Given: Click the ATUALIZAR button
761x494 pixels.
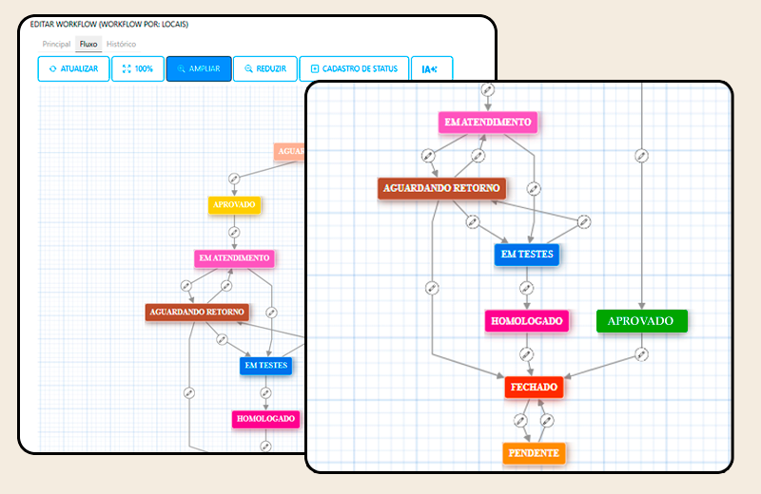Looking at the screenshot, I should [73, 69].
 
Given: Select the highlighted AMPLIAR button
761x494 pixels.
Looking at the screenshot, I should [198, 69].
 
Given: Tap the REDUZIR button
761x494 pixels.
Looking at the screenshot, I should [264, 69].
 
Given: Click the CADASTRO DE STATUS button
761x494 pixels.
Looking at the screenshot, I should [354, 69].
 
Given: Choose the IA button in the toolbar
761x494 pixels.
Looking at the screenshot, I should [431, 69].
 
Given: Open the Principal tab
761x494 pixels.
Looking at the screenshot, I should [56, 44].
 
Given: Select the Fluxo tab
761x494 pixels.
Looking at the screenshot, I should [88, 44].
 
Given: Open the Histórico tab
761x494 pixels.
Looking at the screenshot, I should [121, 44].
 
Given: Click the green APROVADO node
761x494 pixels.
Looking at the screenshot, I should [641, 321].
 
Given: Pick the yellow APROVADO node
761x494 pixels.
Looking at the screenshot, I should [234, 204].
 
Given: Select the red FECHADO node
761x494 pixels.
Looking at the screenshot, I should [534, 388].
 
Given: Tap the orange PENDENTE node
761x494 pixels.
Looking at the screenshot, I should [534, 453].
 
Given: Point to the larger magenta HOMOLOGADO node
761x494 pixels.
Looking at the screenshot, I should [527, 321].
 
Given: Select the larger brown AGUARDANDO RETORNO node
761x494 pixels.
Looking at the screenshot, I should [442, 188].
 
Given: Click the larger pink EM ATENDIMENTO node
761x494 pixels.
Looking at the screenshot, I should [488, 123].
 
